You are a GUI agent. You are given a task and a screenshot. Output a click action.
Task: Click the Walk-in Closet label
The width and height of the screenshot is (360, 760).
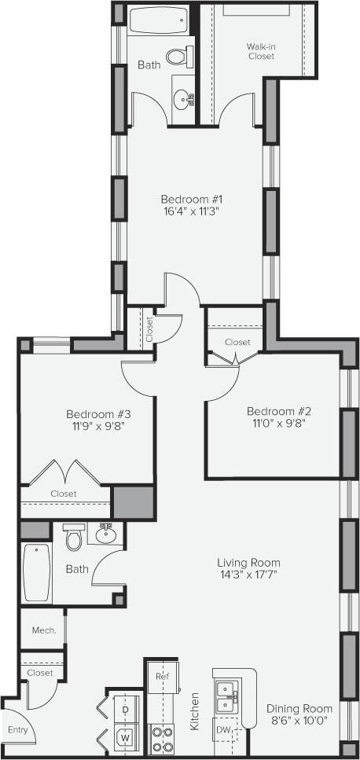click(x=260, y=50)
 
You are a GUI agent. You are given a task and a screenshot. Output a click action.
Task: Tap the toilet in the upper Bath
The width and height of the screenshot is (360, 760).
click(x=180, y=54)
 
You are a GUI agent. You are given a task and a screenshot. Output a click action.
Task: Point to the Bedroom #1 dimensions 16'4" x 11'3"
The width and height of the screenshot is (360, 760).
click(x=193, y=211)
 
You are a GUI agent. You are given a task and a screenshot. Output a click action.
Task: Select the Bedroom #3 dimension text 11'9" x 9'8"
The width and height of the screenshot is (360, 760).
click(x=97, y=427)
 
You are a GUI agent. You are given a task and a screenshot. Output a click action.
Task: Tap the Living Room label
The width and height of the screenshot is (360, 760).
click(x=248, y=563)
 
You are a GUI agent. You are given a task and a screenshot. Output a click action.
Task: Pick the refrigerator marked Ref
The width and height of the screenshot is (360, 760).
click(x=162, y=676)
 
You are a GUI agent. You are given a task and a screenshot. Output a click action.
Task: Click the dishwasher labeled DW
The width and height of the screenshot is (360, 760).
click(x=223, y=730)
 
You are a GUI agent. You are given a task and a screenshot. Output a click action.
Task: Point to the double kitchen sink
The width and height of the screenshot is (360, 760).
click(x=228, y=692)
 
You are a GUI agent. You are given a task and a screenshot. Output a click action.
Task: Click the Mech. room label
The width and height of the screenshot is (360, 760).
click(x=42, y=630)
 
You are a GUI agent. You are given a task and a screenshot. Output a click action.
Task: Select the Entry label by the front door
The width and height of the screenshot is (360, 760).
click(x=18, y=730)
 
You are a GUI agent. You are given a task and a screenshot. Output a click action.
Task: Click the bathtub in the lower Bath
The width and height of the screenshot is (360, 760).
click(x=36, y=572)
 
